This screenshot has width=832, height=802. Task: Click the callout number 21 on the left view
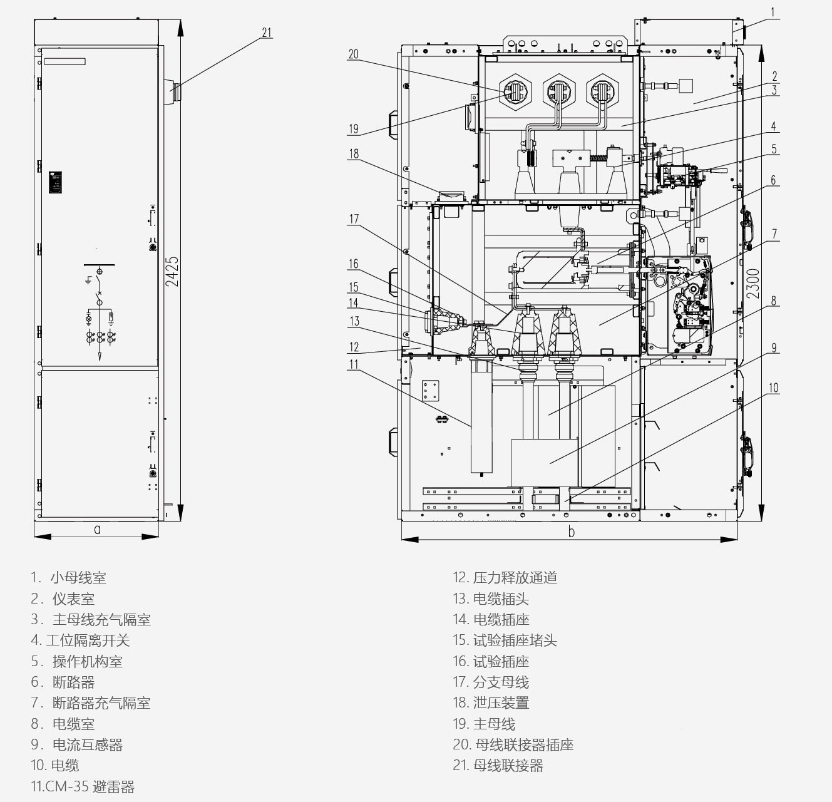(267, 33)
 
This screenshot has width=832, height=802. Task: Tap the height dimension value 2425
(172, 272)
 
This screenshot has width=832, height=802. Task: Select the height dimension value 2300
(753, 284)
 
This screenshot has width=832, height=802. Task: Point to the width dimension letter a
(98, 529)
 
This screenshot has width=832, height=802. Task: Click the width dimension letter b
(571, 532)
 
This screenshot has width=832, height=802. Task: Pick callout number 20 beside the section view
(353, 54)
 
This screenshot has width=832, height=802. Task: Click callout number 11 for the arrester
(354, 364)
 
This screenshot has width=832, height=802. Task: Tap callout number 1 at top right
(773, 13)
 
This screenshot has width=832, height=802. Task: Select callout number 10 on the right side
(773, 388)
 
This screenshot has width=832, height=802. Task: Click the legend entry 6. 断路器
(63, 682)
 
